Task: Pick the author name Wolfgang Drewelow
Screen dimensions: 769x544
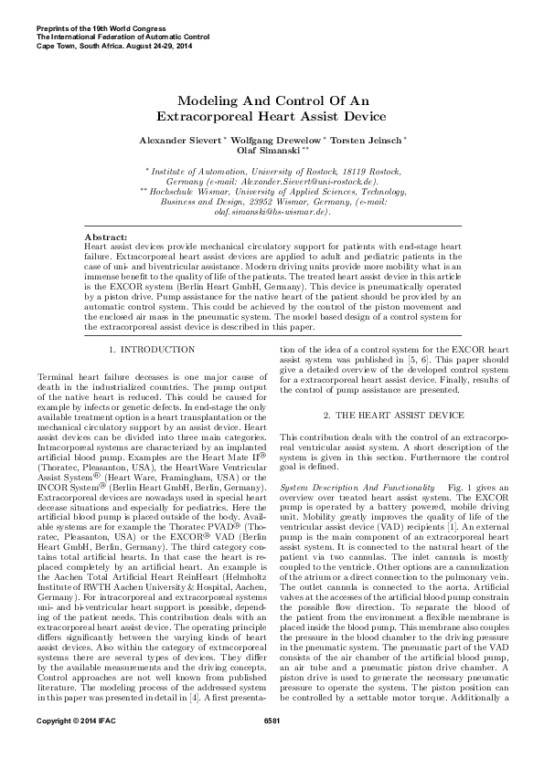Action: coord(276,140)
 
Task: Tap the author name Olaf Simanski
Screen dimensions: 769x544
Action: coord(265,151)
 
